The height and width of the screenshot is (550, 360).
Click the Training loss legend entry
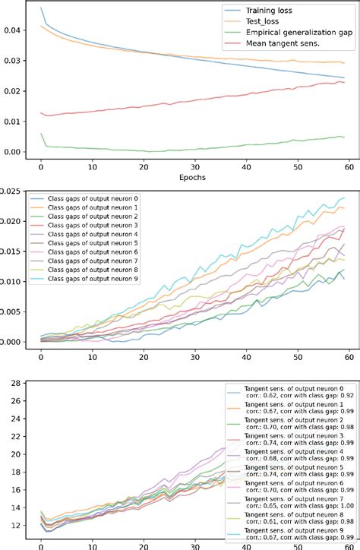click(276, 11)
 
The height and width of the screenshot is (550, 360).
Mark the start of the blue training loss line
click(41, 8)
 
